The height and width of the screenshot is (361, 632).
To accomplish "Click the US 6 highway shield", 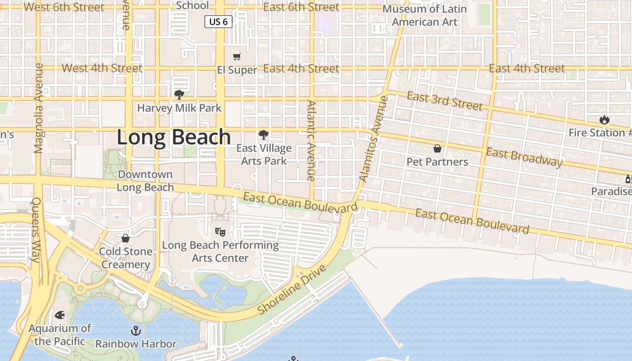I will click(x=218, y=22).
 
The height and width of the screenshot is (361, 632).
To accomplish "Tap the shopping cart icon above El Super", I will click(x=237, y=56).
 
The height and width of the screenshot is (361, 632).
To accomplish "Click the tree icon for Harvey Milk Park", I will click(x=179, y=94).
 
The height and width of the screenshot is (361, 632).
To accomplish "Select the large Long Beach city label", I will click(x=174, y=137).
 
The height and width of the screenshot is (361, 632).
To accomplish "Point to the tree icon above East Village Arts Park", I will click(x=263, y=134).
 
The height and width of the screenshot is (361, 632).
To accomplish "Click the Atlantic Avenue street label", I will click(x=311, y=140).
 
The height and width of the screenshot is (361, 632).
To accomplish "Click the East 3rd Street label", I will click(x=445, y=101).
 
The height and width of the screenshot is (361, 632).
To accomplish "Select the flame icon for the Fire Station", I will click(x=604, y=120).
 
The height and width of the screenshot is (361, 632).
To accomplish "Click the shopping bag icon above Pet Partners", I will click(x=437, y=148).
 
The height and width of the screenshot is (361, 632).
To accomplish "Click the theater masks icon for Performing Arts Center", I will click(x=220, y=232).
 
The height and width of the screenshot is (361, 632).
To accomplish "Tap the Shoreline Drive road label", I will click(x=292, y=290).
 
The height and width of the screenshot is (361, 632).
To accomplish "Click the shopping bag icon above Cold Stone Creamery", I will click(x=125, y=238).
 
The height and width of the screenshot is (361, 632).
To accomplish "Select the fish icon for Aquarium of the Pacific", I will click(x=60, y=315).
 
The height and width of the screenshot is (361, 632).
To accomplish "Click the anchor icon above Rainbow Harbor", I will click(x=136, y=331).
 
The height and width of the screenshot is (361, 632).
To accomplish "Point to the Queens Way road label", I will click(x=36, y=230).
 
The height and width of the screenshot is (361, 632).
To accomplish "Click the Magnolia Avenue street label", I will click(x=38, y=108).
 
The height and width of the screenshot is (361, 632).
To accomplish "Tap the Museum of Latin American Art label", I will click(x=424, y=15).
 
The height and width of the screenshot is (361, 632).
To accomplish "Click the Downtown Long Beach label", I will click(x=145, y=180).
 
